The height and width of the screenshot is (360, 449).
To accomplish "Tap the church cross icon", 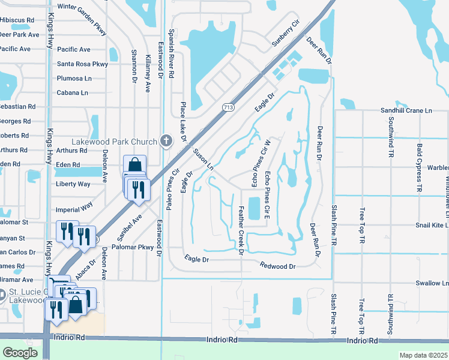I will pyautogui.click(x=166, y=141).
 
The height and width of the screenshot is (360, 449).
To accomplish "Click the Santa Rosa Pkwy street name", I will pyautogui.click(x=82, y=64).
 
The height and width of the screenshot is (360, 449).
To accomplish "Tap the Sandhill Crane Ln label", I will pyautogui.click(x=406, y=110).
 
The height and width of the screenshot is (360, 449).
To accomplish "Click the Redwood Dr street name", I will pyautogui.click(x=278, y=266).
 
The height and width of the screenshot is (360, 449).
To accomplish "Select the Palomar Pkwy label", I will pyautogui.click(x=133, y=247).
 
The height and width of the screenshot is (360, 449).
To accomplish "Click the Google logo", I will pyautogui.click(x=20, y=352).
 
